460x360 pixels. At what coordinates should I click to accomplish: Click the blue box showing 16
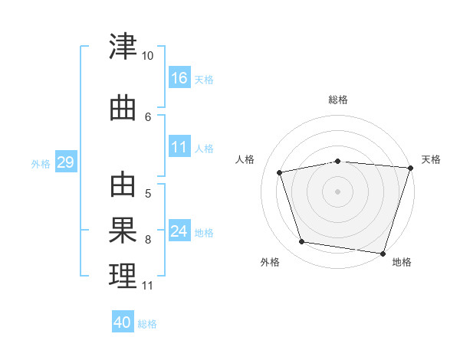click(x=179, y=77)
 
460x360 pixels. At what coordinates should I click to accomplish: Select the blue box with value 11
click(x=179, y=147)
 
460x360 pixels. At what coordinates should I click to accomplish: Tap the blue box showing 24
click(x=179, y=231)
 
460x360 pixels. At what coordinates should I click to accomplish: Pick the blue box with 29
click(x=65, y=162)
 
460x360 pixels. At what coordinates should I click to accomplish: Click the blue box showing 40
click(x=123, y=322)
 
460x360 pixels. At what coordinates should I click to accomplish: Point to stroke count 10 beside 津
click(x=148, y=57)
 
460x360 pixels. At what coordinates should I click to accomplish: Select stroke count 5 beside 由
click(x=148, y=194)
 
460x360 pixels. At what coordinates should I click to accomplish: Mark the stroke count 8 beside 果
click(x=148, y=240)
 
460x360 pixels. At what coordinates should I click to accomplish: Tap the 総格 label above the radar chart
click(x=337, y=100)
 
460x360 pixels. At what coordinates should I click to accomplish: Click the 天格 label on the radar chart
click(x=431, y=159)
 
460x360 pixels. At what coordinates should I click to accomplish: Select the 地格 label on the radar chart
click(x=402, y=263)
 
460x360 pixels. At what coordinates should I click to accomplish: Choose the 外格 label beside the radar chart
click(x=270, y=263)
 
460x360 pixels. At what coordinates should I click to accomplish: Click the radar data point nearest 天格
click(x=410, y=169)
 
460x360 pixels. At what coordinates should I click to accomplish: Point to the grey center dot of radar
click(x=337, y=191)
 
